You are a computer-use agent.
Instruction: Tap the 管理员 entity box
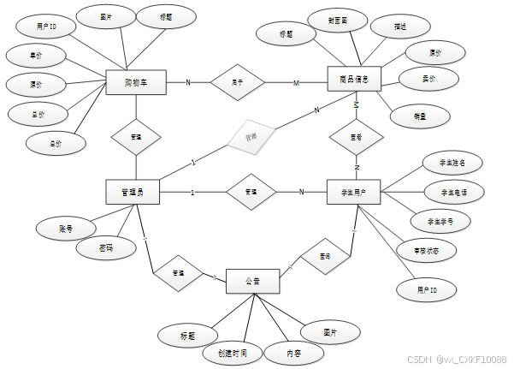point(134,192)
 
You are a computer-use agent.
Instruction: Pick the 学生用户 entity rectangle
point(353,192)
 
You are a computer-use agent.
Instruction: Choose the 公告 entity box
point(252,281)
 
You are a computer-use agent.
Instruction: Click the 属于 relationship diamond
point(239,82)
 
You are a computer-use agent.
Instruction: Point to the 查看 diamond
point(355,136)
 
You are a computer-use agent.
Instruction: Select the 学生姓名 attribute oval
point(452,164)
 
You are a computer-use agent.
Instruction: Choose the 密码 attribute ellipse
point(105,248)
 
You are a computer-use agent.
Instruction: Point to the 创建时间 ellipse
point(231,352)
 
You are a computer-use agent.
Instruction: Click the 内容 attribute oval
point(293,352)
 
